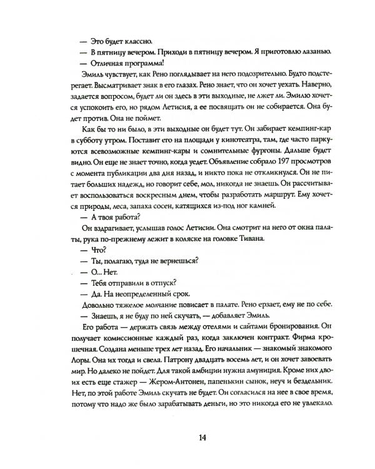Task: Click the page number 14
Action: (187, 436)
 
